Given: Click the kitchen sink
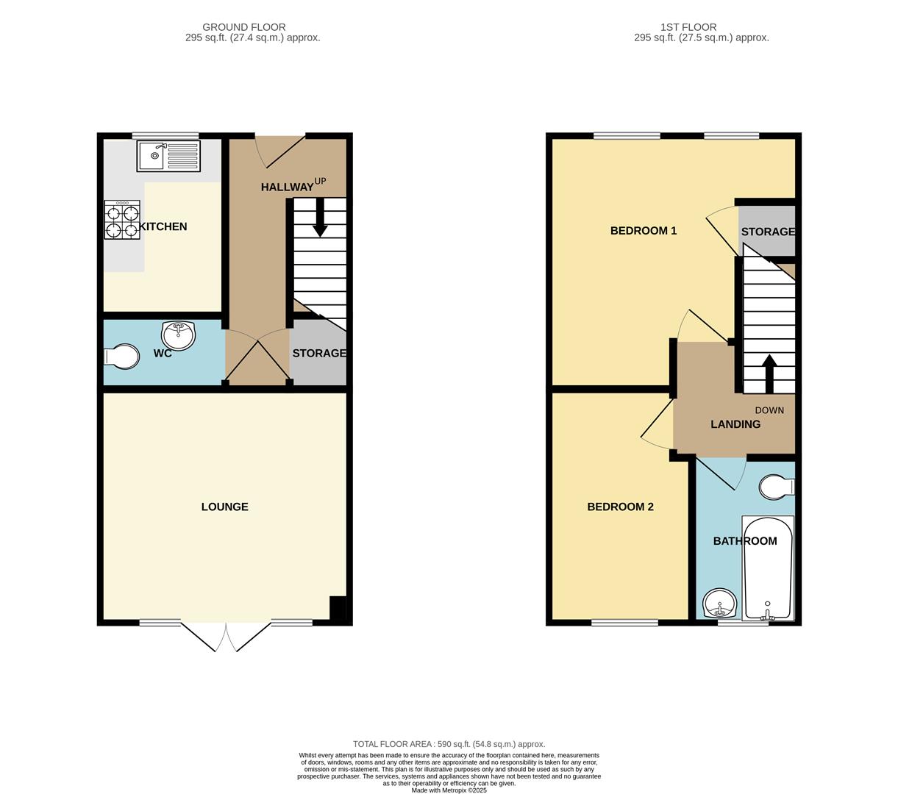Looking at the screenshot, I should tap(168, 156).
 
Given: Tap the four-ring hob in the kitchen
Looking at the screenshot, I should tap(122, 221).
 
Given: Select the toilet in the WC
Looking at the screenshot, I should tap(121, 357).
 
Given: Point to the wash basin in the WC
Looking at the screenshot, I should tap(179, 336).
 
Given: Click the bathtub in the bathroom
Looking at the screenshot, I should tap(768, 568).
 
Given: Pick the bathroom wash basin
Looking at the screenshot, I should tap(720, 604).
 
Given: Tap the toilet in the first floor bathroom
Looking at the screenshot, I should tap(776, 487).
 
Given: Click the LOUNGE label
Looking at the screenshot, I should tap(224, 507).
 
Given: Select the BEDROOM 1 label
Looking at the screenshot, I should tap(643, 231).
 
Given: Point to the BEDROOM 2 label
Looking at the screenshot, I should tap(620, 507).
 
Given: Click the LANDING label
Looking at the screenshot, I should tap(735, 424).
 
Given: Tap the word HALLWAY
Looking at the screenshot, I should tap(287, 187).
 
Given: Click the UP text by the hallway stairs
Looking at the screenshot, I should tap(320, 180).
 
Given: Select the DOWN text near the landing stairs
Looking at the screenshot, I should tap(769, 410).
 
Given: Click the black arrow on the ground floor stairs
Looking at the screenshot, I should tap(320, 218).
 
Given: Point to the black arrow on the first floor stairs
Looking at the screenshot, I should tap(769, 373).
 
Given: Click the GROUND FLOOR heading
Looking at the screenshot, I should tap(244, 27).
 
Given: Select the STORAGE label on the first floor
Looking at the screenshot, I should tap(768, 232).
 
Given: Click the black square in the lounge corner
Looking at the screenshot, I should tap(338, 609).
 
